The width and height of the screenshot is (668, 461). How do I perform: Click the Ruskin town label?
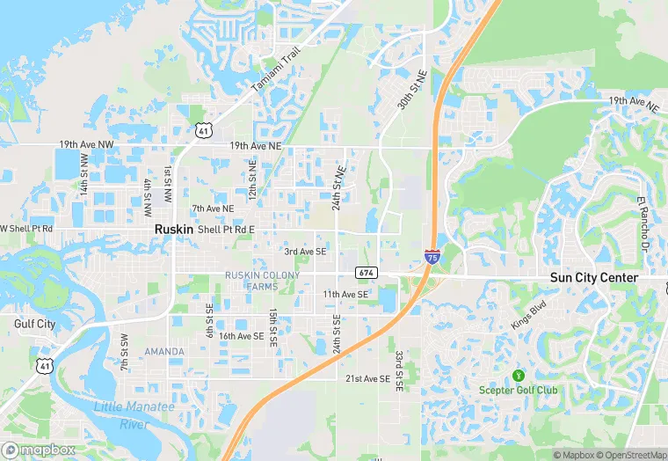[173, 228]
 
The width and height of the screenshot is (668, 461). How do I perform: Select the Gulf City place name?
[35, 324]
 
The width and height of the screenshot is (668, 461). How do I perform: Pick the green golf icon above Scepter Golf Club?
[517, 375]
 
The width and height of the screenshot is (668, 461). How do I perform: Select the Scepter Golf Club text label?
[518, 390]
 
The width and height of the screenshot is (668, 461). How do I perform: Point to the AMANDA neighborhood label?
[164, 352]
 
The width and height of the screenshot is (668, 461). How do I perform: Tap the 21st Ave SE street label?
[367, 378]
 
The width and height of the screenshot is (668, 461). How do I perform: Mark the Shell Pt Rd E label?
[226, 230]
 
